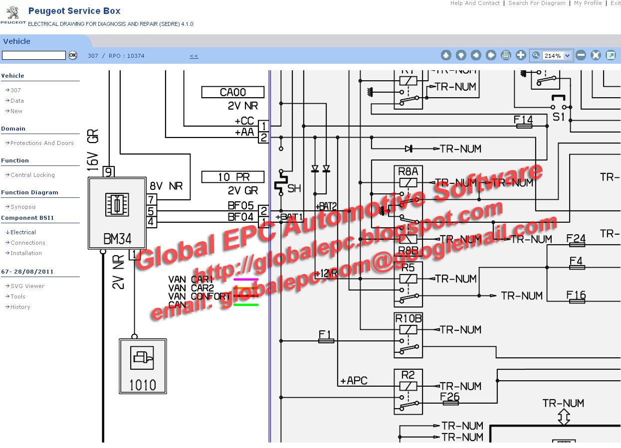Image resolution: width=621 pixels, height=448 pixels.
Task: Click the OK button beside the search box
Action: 73,55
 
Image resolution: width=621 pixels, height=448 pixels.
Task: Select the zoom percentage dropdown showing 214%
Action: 557,56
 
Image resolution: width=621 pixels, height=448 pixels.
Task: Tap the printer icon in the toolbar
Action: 506,55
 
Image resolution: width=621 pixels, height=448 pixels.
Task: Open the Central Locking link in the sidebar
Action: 32,175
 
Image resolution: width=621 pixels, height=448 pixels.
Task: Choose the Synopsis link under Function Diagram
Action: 23,207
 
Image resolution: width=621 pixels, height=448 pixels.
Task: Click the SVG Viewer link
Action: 27,286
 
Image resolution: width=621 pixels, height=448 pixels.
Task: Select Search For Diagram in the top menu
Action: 537,3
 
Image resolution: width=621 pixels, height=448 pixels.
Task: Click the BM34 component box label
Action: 117,239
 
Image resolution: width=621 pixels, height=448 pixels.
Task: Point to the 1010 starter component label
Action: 143,385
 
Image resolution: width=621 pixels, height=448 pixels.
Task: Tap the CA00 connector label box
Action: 233,92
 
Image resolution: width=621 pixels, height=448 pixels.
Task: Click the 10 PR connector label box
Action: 233,177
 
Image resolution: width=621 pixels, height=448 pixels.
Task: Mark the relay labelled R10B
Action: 408,318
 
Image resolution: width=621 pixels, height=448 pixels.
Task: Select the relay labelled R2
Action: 408,375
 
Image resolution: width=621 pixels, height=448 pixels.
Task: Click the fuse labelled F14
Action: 523,120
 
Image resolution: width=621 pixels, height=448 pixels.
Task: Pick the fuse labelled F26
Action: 450,397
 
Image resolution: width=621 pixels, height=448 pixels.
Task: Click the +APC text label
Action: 354,381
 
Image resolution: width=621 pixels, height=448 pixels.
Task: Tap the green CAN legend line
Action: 246,304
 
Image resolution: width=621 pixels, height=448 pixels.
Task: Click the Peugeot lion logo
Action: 12,12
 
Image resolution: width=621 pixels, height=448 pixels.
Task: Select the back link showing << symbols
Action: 194,56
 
